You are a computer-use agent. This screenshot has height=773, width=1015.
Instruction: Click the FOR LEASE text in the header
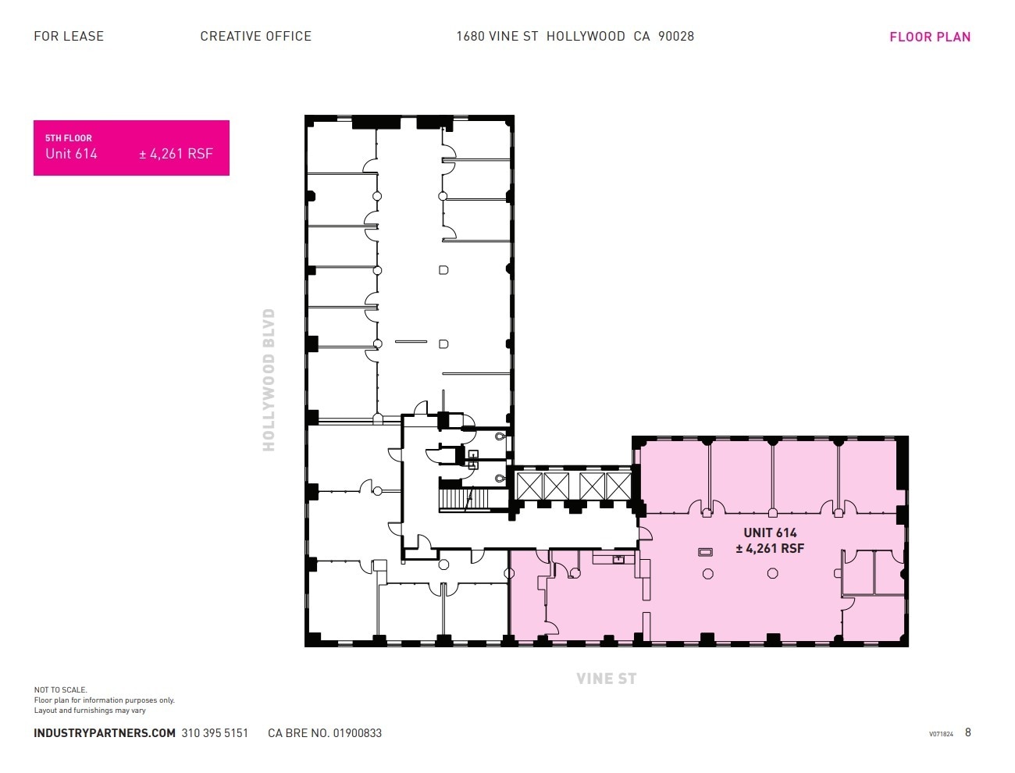[x=69, y=36]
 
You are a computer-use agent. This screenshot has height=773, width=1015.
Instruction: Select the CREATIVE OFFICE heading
[x=255, y=36]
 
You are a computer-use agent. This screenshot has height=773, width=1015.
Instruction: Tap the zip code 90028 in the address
[x=676, y=36]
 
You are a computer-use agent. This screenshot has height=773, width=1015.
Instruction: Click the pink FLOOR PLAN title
[x=930, y=37]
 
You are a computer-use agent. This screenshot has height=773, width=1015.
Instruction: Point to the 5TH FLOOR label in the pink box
[x=69, y=138]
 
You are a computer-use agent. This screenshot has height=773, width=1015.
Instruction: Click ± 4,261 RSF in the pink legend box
[x=176, y=154]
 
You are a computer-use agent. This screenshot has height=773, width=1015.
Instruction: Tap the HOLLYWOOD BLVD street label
[x=269, y=379]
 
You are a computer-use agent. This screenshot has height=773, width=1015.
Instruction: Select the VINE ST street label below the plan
[x=607, y=679]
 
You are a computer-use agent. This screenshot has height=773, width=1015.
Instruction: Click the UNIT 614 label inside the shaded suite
[x=770, y=533]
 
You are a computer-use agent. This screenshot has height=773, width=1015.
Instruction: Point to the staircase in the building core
[x=465, y=499]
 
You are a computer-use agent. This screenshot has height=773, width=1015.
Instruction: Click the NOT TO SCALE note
[x=61, y=690]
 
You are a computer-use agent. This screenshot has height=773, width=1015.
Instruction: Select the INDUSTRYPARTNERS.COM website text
[x=105, y=733]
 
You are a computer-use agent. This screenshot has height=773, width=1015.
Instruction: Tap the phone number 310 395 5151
[x=215, y=733]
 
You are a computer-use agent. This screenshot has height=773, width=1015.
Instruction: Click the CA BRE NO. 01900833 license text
[x=325, y=733]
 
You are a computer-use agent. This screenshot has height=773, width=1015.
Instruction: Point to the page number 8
[x=968, y=732]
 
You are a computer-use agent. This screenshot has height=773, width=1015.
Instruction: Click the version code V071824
[x=941, y=734]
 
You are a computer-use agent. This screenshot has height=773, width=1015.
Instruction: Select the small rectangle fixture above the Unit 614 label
[x=705, y=552]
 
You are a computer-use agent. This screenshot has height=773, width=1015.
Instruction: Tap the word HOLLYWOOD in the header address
[x=586, y=36]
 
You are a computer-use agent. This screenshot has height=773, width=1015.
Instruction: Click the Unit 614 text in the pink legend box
[x=71, y=154]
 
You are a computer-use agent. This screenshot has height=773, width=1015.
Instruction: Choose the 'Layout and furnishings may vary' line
[x=90, y=711]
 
